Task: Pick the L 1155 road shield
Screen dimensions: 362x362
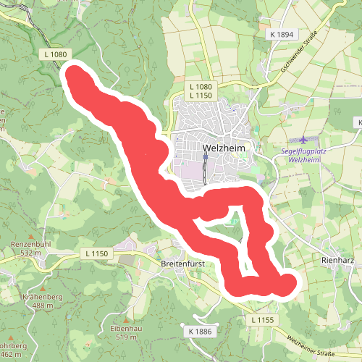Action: pyautogui.click(x=265, y=319)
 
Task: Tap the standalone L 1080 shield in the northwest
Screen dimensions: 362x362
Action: pyautogui.click(x=55, y=54)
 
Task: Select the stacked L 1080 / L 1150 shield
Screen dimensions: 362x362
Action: pyautogui.click(x=200, y=90)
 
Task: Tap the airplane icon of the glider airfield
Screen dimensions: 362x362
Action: pyautogui.click(x=302, y=139)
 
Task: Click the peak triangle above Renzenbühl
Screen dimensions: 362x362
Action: pyautogui.click(x=30, y=236)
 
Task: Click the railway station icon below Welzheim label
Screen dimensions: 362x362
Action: pyautogui.click(x=206, y=156)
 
